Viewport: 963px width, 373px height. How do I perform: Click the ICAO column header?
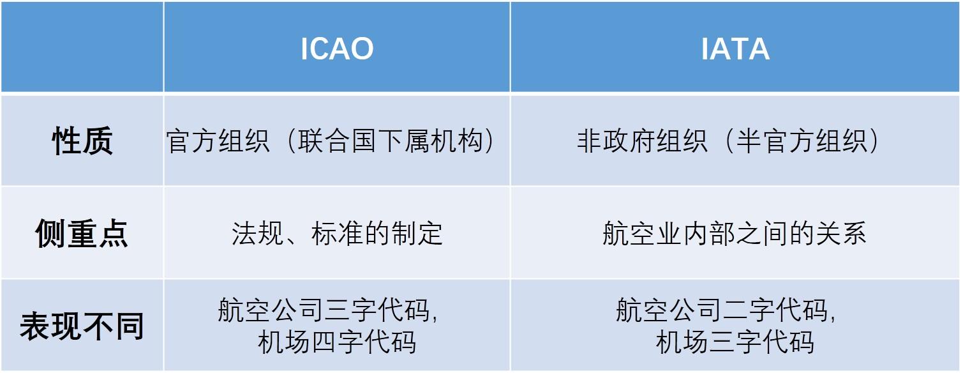(x=336, y=49)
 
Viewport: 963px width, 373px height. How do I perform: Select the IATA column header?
(x=735, y=49)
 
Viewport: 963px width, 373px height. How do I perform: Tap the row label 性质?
(x=82, y=141)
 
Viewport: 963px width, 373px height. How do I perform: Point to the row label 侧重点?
(x=82, y=234)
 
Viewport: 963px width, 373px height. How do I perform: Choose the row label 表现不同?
(x=82, y=326)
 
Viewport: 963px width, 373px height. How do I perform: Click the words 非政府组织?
(x=642, y=141)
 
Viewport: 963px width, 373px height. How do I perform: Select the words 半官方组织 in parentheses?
(x=802, y=141)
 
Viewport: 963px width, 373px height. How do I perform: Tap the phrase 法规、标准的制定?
(x=337, y=234)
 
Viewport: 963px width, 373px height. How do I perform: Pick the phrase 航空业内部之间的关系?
(x=735, y=234)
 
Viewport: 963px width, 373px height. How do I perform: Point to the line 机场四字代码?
(x=337, y=342)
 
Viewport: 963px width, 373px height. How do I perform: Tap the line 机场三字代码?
(x=735, y=342)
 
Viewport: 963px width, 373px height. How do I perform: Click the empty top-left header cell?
(x=82, y=47)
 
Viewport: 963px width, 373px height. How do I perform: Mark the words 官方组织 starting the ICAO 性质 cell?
(x=218, y=141)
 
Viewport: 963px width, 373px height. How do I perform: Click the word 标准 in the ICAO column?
(x=337, y=234)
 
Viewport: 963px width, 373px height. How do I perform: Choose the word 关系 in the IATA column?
(x=840, y=234)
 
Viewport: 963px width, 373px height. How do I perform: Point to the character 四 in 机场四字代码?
(x=324, y=342)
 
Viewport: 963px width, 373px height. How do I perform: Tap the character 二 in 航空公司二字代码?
(x=735, y=310)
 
